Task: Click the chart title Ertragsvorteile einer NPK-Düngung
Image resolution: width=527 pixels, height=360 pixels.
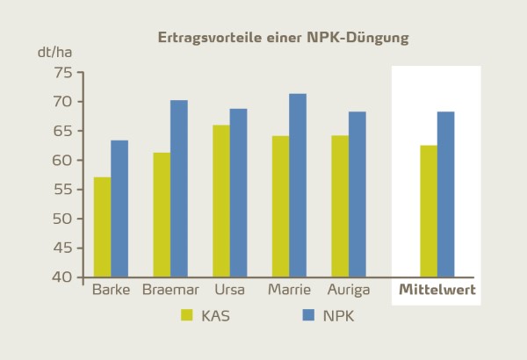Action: (282, 38)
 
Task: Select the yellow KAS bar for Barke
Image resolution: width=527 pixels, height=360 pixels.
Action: (103, 227)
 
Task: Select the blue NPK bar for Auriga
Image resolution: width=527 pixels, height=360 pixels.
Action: (357, 194)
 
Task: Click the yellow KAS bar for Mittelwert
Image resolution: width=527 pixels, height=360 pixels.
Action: (429, 211)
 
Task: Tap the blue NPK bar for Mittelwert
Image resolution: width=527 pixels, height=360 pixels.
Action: (445, 194)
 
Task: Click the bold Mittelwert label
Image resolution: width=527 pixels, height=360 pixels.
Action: (437, 289)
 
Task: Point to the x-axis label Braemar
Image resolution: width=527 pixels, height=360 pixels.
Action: (170, 289)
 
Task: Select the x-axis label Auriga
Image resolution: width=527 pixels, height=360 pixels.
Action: (348, 289)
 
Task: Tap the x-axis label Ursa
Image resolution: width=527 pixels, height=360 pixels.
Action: (229, 289)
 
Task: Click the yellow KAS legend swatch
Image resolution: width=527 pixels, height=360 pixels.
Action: (186, 315)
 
